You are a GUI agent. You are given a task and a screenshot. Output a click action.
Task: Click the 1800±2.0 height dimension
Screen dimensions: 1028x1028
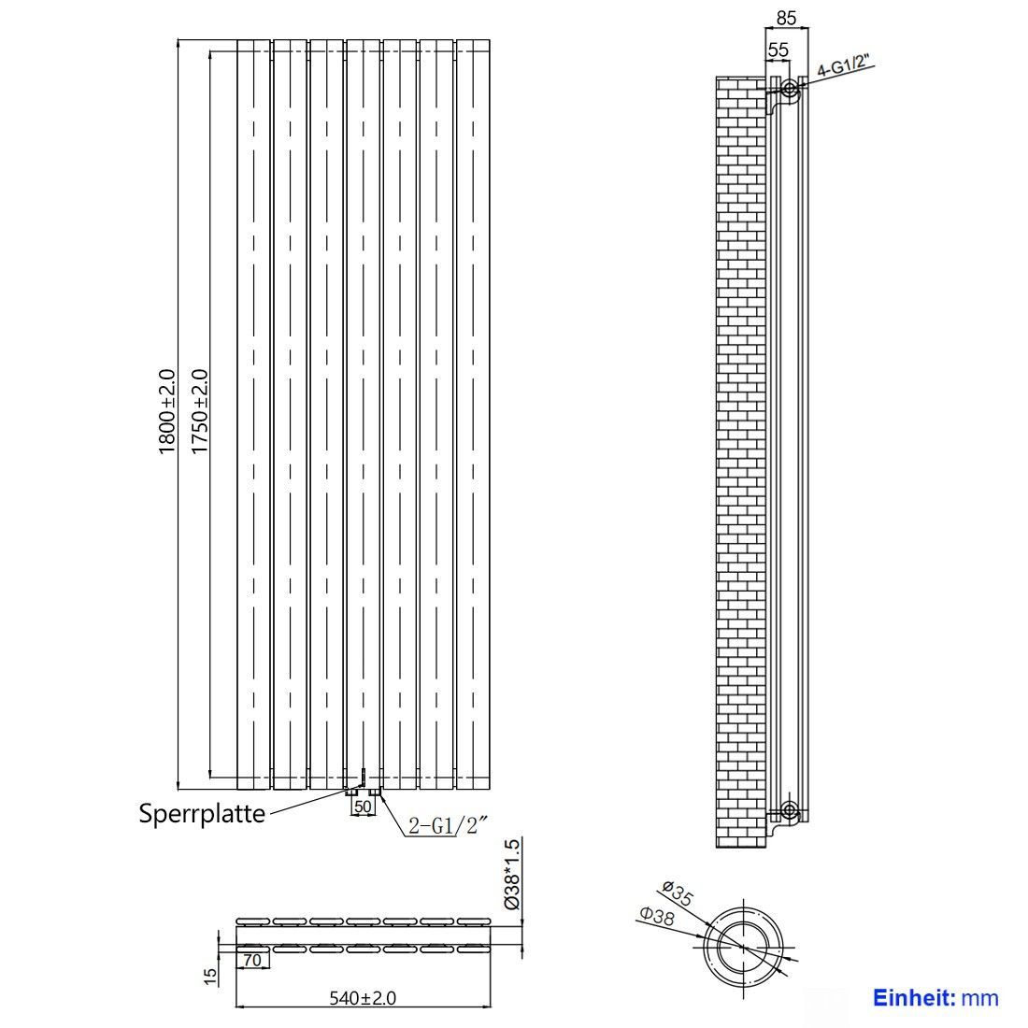point(166,412)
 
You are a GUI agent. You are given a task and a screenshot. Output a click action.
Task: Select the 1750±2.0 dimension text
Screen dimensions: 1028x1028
point(199,412)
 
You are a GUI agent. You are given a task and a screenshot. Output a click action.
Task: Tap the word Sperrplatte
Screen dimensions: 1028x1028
point(202,814)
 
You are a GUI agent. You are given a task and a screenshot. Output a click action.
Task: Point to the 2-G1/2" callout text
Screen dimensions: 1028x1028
point(449,825)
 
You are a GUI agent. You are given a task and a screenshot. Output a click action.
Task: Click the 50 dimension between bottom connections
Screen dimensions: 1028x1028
point(363,807)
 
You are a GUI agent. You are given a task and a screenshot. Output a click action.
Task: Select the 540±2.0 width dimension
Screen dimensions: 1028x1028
point(363,998)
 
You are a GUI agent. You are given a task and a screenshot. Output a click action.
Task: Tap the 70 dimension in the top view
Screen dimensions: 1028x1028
point(251,961)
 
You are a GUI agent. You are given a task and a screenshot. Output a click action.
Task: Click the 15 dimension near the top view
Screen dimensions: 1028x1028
point(209,977)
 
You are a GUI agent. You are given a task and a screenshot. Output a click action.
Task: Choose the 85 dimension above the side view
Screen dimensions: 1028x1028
point(786,19)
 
